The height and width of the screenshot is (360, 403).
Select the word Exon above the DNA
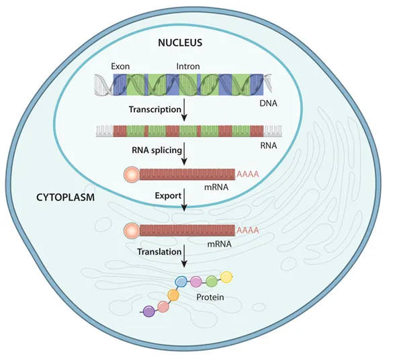[122, 66]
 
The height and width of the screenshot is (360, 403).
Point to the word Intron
[187, 66]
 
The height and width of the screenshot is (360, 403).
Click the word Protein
[210, 297]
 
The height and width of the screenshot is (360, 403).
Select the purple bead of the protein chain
[148, 310]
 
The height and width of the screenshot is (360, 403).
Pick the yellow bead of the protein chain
[227, 277]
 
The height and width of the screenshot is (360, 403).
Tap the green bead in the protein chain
[212, 281]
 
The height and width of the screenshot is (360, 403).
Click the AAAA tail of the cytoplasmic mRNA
[248, 230]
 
